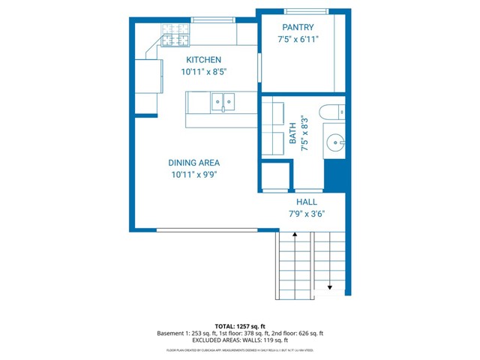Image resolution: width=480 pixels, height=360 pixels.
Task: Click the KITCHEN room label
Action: pos(203,60)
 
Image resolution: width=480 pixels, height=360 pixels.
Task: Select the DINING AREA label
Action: pos(193,162)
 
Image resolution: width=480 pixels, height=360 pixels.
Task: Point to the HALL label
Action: pos(306,202)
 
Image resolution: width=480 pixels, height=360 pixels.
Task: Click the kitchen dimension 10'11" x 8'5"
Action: pos(203,72)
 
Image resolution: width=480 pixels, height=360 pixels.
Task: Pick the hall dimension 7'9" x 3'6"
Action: pos(306,214)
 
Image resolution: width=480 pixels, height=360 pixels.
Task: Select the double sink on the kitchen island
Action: pos(223,100)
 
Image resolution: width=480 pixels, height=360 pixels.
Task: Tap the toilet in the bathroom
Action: pos(332,113)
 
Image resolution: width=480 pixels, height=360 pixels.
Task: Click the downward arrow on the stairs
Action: pos(328,287)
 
